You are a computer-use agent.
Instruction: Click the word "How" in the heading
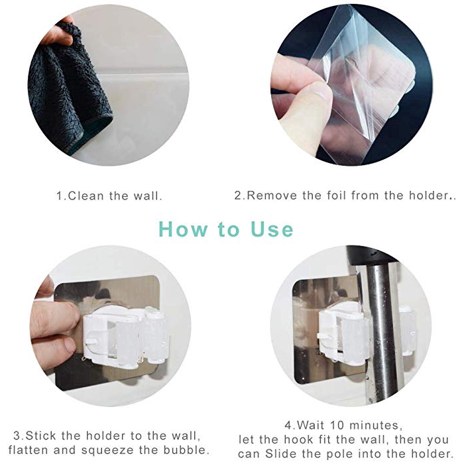click(183, 229)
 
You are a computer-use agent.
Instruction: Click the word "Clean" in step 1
click(86, 196)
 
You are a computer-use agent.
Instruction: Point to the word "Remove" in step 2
click(272, 196)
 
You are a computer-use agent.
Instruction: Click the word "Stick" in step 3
click(40, 435)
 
